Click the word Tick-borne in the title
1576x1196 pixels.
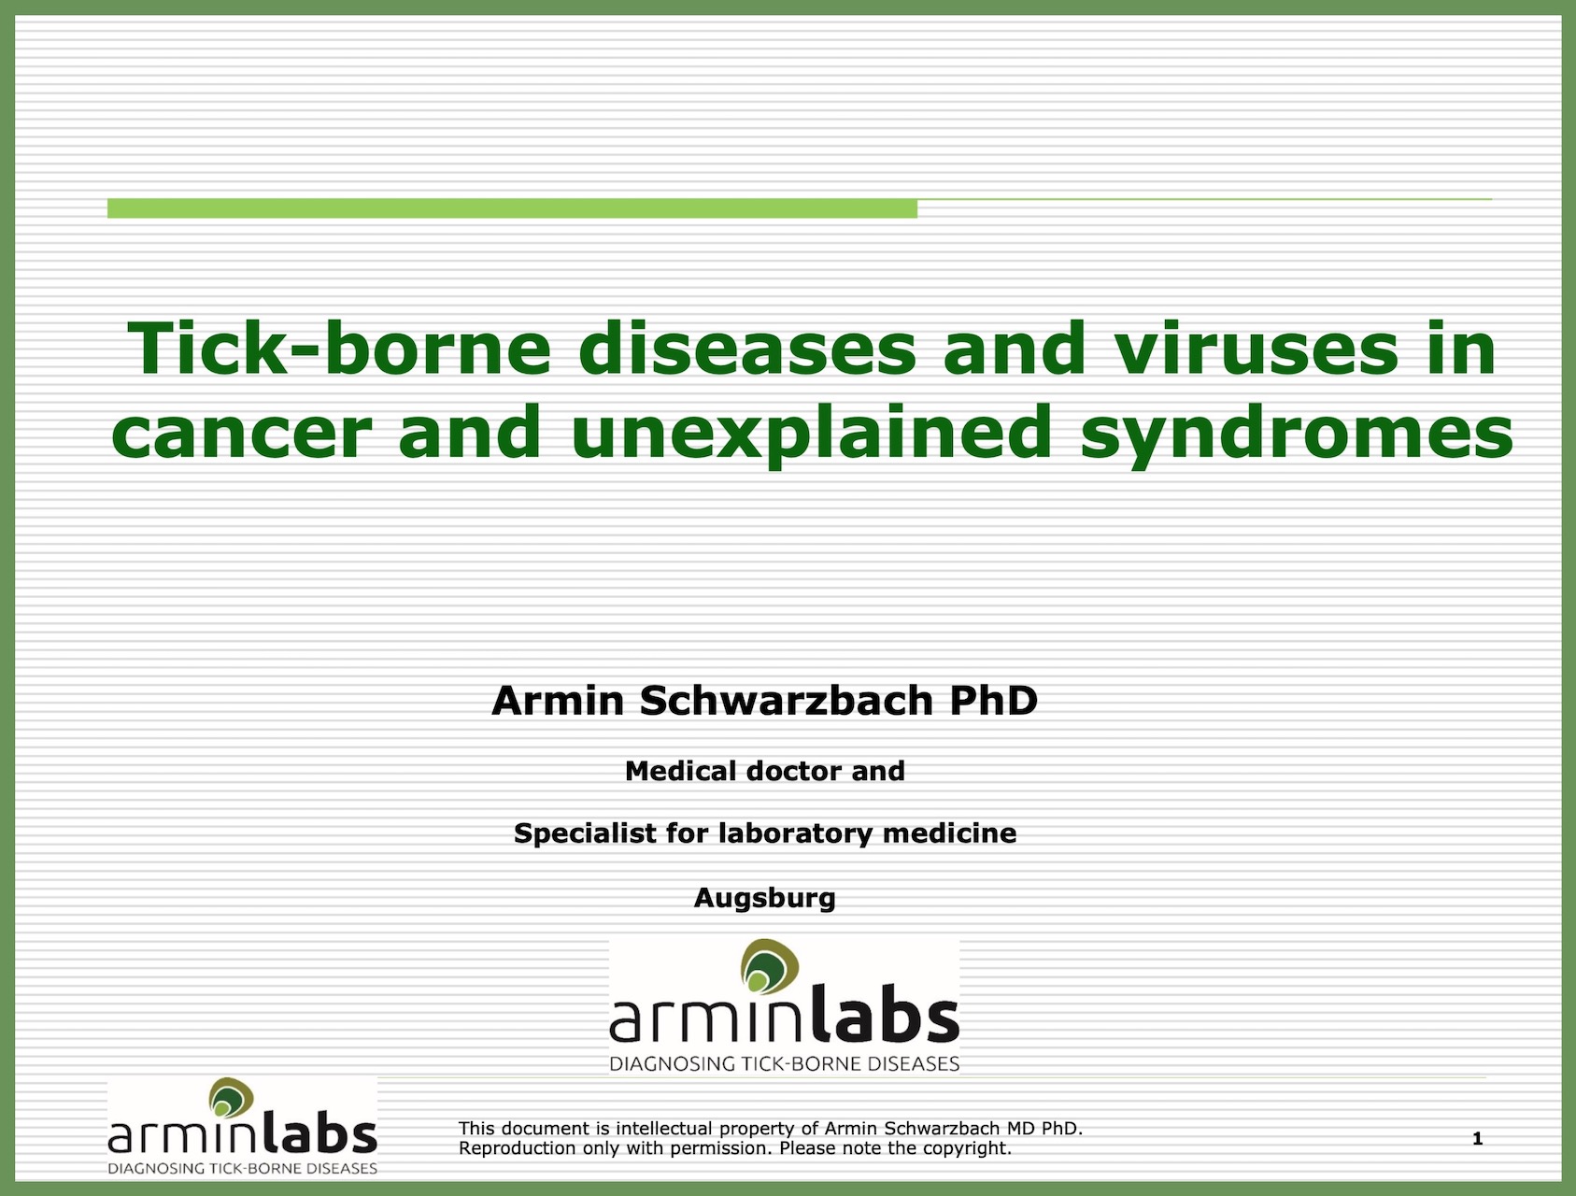coord(339,349)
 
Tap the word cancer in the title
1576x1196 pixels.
coord(241,433)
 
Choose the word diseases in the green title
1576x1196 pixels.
coord(747,349)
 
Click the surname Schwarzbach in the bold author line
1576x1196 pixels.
coord(786,701)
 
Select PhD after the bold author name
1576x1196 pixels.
coord(993,701)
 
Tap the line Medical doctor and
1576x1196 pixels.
coord(765,771)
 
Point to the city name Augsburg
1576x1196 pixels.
coord(765,899)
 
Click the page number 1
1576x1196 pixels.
coord(1477,1138)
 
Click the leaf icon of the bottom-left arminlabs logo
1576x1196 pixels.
coord(231,1098)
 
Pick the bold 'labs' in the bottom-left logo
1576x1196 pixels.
coord(319,1132)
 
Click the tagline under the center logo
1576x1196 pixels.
coord(785,1063)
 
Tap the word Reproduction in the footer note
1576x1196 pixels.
coord(517,1148)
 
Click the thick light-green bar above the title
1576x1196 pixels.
coord(512,208)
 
